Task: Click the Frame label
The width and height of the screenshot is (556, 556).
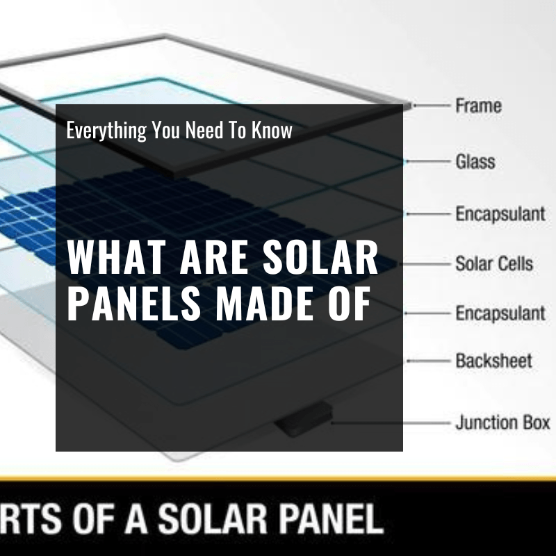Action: [x=478, y=106]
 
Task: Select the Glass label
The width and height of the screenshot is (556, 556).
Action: [x=475, y=162]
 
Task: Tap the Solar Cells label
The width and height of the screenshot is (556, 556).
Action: [x=494, y=264]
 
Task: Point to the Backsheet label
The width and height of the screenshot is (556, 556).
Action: [x=493, y=361]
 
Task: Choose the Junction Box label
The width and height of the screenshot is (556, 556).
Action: [x=502, y=422]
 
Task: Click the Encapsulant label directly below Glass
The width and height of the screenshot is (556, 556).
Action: [x=500, y=213]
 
